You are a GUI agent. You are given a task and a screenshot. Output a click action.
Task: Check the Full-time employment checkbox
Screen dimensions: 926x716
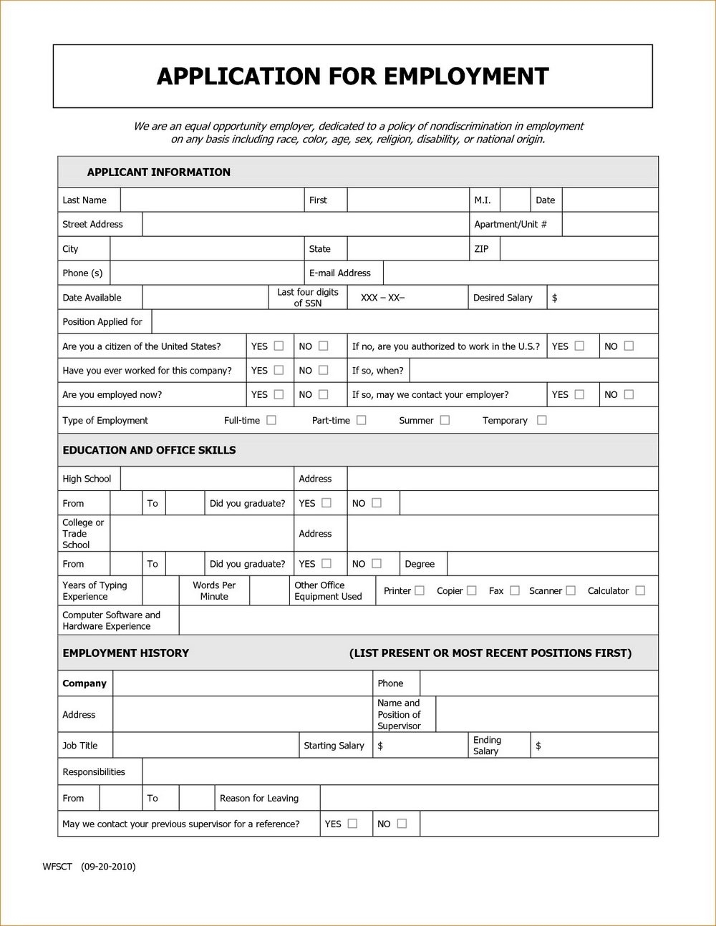(x=271, y=420)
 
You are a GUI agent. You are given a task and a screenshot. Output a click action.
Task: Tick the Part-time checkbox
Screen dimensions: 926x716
(x=362, y=420)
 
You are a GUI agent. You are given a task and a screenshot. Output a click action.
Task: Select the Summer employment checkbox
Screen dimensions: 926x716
(x=445, y=420)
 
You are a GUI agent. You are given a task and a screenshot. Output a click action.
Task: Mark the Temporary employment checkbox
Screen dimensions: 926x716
(x=542, y=420)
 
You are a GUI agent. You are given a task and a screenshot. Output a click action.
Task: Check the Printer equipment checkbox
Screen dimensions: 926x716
(x=420, y=590)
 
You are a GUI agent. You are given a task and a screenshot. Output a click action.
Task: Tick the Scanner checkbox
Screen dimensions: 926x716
(x=571, y=590)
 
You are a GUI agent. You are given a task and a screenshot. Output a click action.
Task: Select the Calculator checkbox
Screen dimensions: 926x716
(x=640, y=590)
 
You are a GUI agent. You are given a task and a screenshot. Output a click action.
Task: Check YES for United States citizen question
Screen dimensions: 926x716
(x=279, y=346)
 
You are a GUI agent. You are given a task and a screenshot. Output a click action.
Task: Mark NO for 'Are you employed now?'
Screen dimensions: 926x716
(x=323, y=394)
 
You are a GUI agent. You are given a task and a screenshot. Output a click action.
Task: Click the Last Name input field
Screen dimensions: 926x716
(x=212, y=200)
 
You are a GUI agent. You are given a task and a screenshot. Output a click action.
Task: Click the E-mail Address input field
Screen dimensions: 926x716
(x=520, y=273)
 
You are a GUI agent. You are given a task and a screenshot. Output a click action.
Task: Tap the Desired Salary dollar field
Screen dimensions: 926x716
(x=603, y=298)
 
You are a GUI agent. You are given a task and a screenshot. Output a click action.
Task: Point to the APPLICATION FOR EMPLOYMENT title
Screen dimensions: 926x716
(x=352, y=76)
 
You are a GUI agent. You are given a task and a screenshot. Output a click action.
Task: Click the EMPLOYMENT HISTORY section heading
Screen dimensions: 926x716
(x=126, y=653)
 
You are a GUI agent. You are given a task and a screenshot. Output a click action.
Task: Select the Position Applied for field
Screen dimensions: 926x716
(x=405, y=322)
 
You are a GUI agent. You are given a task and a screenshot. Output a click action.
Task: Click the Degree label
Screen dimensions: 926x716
(x=420, y=564)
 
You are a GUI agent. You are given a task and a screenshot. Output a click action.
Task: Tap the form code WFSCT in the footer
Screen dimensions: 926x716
(x=57, y=867)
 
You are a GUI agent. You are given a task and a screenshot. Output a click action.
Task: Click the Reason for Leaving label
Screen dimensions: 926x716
(x=259, y=798)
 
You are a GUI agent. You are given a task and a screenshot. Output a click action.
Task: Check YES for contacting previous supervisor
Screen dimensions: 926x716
(x=352, y=824)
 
